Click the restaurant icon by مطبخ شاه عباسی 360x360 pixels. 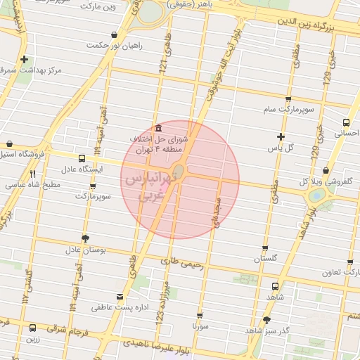(33, 174)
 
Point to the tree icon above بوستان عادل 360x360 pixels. (86, 238)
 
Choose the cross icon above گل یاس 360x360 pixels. (281, 136)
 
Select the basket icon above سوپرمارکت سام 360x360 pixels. (288, 99)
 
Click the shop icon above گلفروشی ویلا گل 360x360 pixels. (326, 170)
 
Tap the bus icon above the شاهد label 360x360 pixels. (274, 286)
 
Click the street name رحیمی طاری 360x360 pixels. (181, 264)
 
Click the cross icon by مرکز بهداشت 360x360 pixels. (25, 60)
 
